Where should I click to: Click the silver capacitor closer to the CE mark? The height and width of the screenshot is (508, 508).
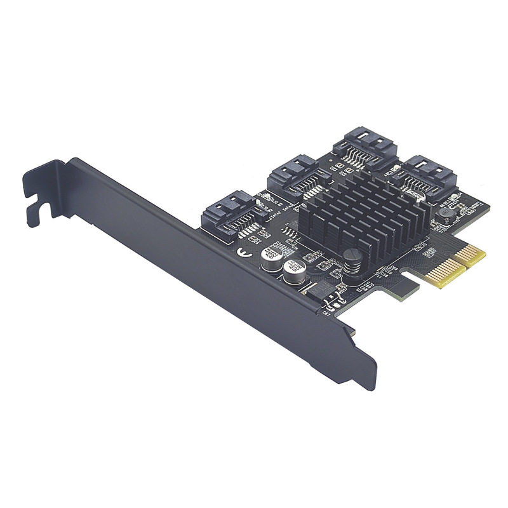(x=272, y=257)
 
